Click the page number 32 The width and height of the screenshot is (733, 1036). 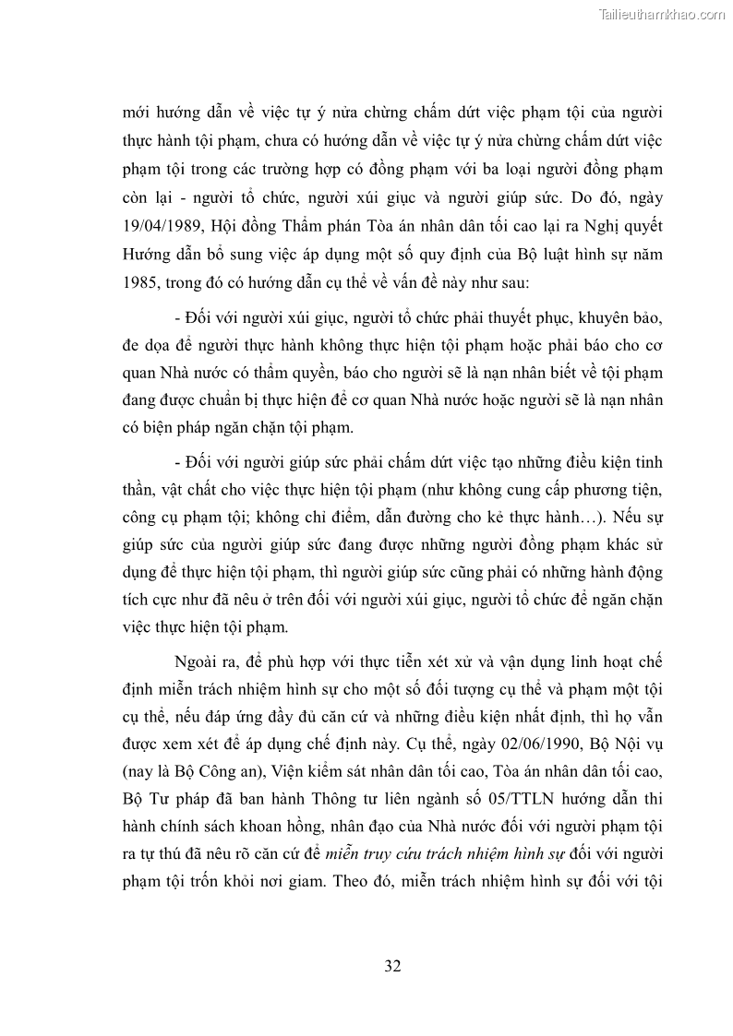[x=392, y=966]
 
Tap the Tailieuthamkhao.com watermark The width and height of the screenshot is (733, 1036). [x=662, y=14]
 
